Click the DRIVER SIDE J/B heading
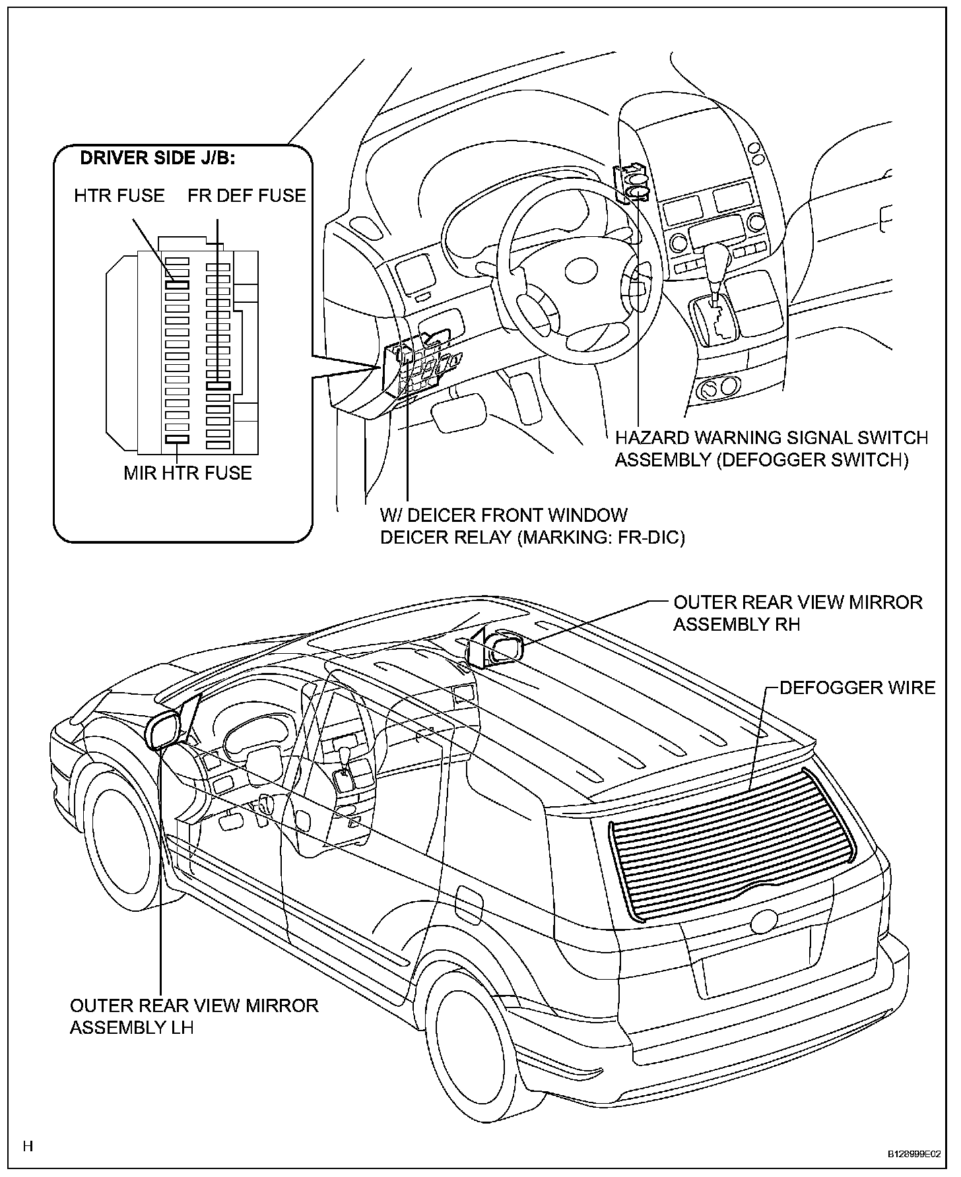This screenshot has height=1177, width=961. pyautogui.click(x=157, y=159)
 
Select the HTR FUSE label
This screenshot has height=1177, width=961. pyautogui.click(x=119, y=195)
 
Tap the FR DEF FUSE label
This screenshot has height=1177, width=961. pyautogui.click(x=247, y=195)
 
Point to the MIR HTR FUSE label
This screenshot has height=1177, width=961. pyautogui.click(x=188, y=473)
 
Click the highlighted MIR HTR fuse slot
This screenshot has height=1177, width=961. pyautogui.click(x=177, y=439)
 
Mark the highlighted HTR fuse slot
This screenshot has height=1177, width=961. pyautogui.click(x=177, y=284)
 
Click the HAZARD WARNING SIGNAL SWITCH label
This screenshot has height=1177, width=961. pyautogui.click(x=771, y=437)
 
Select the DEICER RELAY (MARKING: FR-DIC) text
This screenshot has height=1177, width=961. pyautogui.click(x=532, y=537)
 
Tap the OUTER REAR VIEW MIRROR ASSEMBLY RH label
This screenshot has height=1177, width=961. pyautogui.click(x=797, y=613)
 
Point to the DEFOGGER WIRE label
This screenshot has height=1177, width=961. pyautogui.click(x=857, y=687)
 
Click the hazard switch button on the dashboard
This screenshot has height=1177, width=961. pyautogui.click(x=638, y=193)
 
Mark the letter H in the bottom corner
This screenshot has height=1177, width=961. pyautogui.click(x=27, y=1146)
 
